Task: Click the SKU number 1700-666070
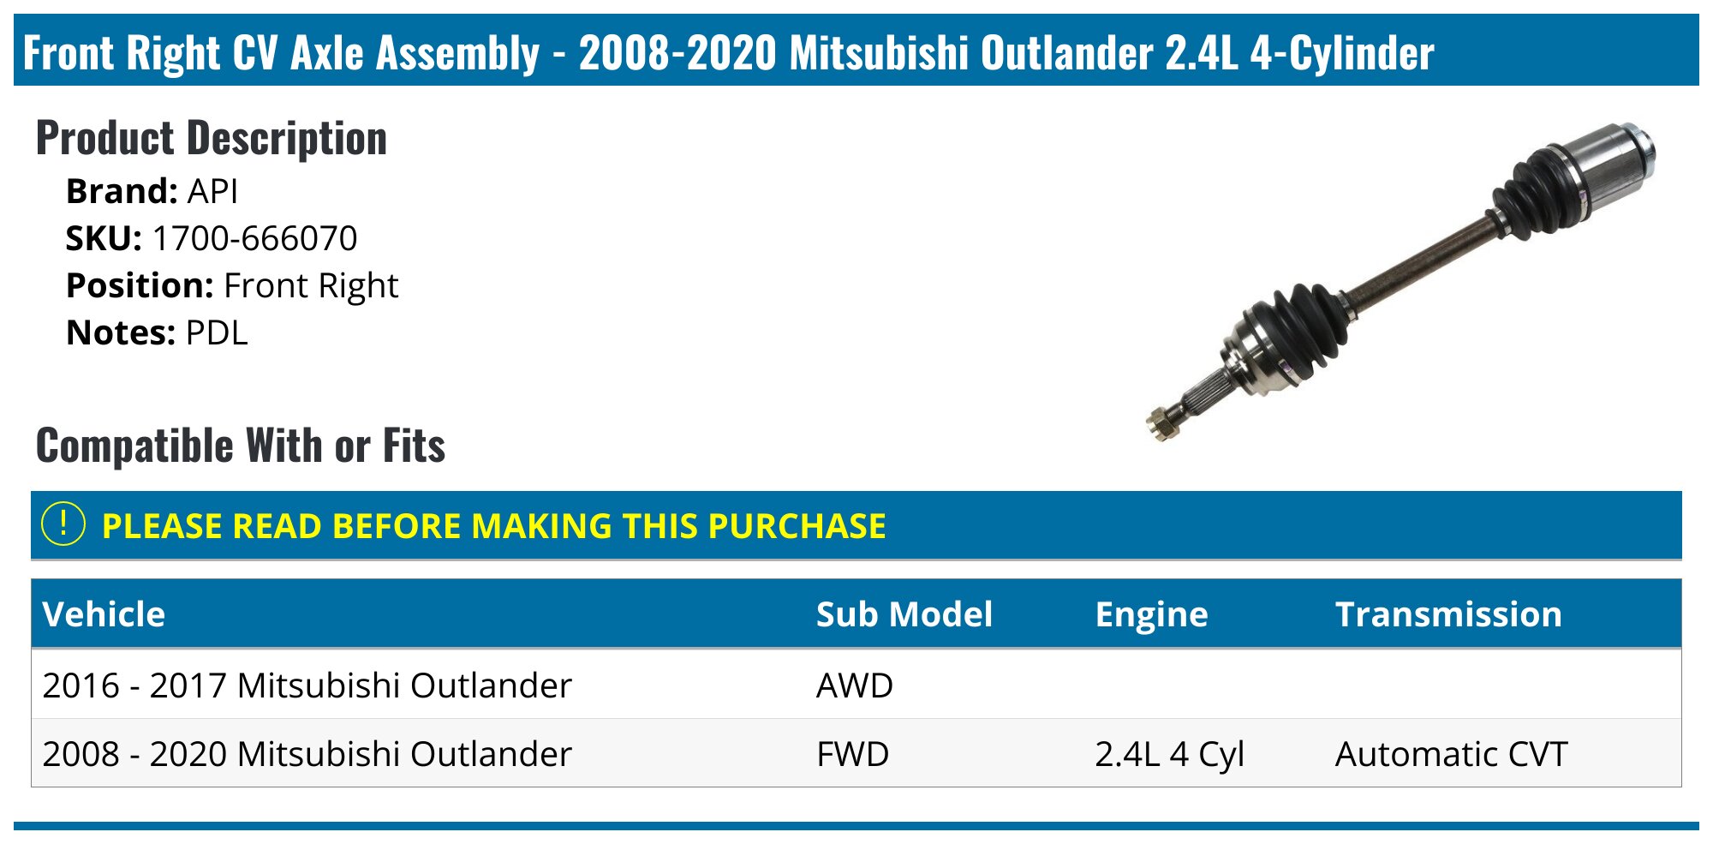tap(254, 239)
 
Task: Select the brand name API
tap(212, 192)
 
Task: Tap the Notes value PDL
tap(217, 333)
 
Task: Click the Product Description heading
tap(212, 139)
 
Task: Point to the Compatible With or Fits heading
tap(241, 446)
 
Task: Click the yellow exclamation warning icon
tap(63, 524)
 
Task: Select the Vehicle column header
tap(104, 614)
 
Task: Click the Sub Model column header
tap(904, 614)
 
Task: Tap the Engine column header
tap(1151, 614)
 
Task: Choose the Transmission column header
tap(1448, 614)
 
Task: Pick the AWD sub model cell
tap(854, 685)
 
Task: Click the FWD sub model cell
tap(852, 754)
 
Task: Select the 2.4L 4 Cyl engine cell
tap(1169, 754)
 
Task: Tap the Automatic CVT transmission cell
tap(1451, 754)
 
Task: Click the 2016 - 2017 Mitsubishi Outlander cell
tap(307, 685)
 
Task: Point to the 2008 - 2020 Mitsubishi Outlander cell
tap(307, 754)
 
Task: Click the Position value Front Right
tap(311, 286)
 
